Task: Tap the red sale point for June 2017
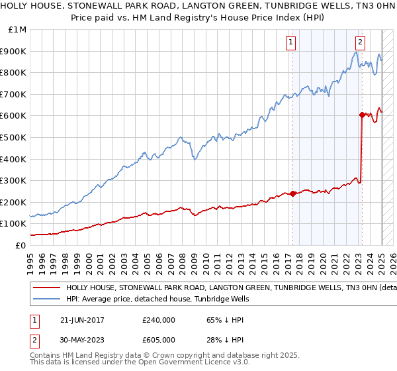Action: tap(292, 193)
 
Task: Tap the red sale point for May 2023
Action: tap(362, 115)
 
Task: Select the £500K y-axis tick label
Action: tap(14, 137)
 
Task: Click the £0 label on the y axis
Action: tap(21, 245)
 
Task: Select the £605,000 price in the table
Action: tap(159, 339)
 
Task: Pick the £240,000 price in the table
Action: tap(159, 319)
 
